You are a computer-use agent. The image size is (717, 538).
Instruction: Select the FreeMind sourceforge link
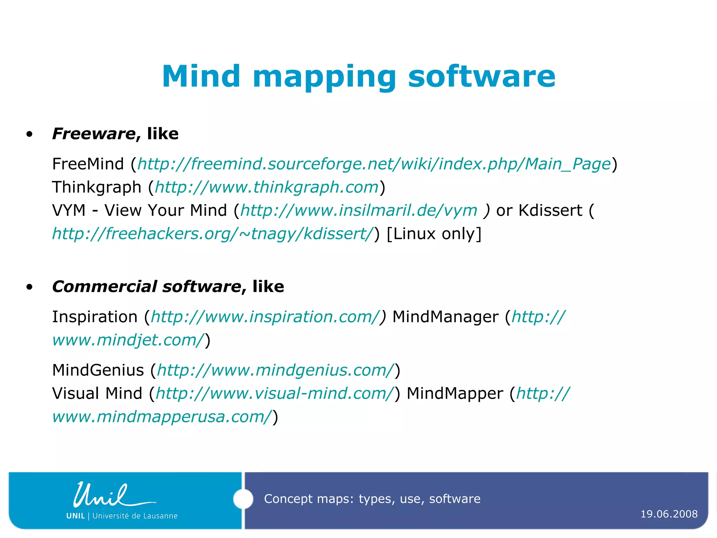click(x=374, y=164)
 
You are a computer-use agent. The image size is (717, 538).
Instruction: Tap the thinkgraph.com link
click(x=267, y=187)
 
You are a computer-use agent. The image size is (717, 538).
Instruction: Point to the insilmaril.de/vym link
click(x=358, y=211)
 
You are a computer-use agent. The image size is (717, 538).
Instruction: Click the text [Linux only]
click(x=434, y=234)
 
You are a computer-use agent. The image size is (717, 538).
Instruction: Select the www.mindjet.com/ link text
click(x=128, y=340)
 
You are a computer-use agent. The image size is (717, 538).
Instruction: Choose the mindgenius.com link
click(x=276, y=370)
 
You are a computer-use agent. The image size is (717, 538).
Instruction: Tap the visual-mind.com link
click(x=275, y=393)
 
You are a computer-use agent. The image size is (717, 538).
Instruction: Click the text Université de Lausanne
click(x=135, y=516)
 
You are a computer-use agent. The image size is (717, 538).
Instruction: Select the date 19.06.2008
click(x=669, y=514)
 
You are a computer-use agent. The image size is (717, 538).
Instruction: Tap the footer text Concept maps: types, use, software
click(x=372, y=499)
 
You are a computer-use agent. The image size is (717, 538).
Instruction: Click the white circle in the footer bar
click(x=243, y=499)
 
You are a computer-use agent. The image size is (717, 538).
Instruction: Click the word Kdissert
click(x=550, y=211)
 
